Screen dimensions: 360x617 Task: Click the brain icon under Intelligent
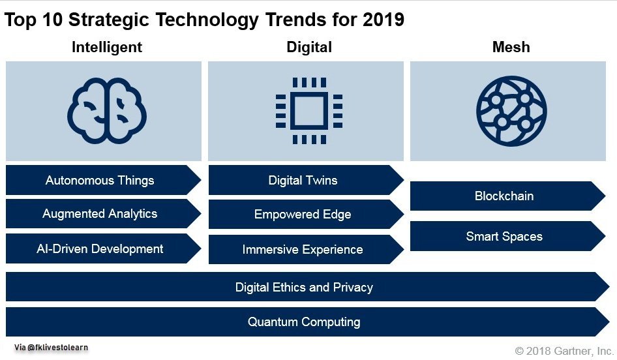[107, 111]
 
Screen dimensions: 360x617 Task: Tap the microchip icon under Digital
[308, 110]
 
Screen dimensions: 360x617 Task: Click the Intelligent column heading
[107, 47]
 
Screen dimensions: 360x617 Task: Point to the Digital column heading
[309, 47]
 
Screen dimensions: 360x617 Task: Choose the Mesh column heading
[511, 47]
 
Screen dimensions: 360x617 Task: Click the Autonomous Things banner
[100, 181]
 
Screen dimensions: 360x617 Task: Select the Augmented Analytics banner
[100, 214]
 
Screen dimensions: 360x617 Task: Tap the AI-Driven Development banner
[100, 248]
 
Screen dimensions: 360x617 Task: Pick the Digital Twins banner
[303, 181]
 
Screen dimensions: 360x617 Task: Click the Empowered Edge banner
[303, 215]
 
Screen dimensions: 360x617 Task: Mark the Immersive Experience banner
[303, 249]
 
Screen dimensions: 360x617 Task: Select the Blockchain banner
[504, 196]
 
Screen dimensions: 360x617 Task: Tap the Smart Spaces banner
[504, 236]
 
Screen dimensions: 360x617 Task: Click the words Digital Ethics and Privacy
[304, 287]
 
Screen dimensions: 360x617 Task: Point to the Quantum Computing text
[304, 322]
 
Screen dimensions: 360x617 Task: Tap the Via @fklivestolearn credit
[51, 348]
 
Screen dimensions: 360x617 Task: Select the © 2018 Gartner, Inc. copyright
[564, 351]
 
